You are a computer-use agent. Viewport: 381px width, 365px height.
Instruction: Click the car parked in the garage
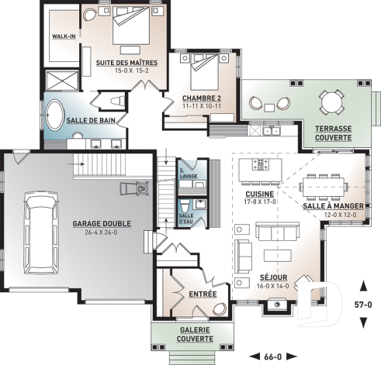(x=40, y=232)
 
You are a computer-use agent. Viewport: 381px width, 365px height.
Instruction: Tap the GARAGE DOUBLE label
(x=102, y=223)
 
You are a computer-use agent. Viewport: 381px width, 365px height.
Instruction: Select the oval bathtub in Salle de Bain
(x=55, y=115)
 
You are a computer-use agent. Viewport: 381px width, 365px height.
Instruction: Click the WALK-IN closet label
(x=64, y=36)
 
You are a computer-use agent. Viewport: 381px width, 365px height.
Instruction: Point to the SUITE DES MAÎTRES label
(x=126, y=63)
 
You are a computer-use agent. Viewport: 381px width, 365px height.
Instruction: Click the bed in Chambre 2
(x=204, y=71)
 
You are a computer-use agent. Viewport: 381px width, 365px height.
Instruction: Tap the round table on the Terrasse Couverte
(x=332, y=102)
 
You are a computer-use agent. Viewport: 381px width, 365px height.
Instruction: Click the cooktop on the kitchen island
(x=260, y=164)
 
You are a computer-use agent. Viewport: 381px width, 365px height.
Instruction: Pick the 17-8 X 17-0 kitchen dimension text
(x=260, y=201)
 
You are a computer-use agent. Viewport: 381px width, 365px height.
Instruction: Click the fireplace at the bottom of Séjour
(x=277, y=305)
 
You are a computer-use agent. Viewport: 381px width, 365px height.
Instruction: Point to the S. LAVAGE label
(x=189, y=174)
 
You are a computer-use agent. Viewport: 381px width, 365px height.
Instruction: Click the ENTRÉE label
(x=203, y=294)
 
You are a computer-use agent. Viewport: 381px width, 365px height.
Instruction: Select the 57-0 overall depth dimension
(x=363, y=305)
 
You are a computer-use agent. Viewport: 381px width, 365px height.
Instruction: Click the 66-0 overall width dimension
(x=273, y=357)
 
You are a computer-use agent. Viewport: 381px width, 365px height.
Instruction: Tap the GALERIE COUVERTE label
(x=195, y=334)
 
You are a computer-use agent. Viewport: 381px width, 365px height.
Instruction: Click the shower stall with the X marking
(x=62, y=81)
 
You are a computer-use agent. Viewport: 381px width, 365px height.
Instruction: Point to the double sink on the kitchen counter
(x=272, y=131)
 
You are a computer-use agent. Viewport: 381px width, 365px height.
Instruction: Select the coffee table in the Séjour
(x=278, y=256)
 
